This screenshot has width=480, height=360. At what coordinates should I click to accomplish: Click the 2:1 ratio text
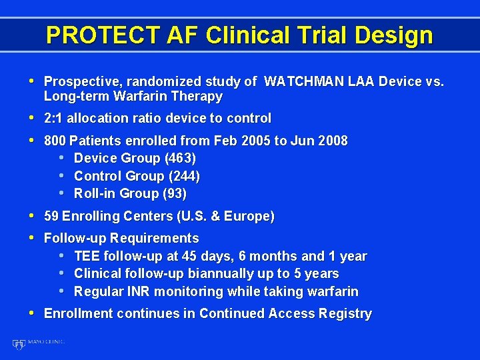pos(54,118)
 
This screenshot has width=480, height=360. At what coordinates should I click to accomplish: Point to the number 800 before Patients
pos(55,141)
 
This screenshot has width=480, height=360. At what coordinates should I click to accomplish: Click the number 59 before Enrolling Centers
pos(51,216)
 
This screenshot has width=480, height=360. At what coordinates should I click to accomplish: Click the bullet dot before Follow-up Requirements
pos(33,237)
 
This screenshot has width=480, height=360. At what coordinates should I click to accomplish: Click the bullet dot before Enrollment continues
pos(33,313)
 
